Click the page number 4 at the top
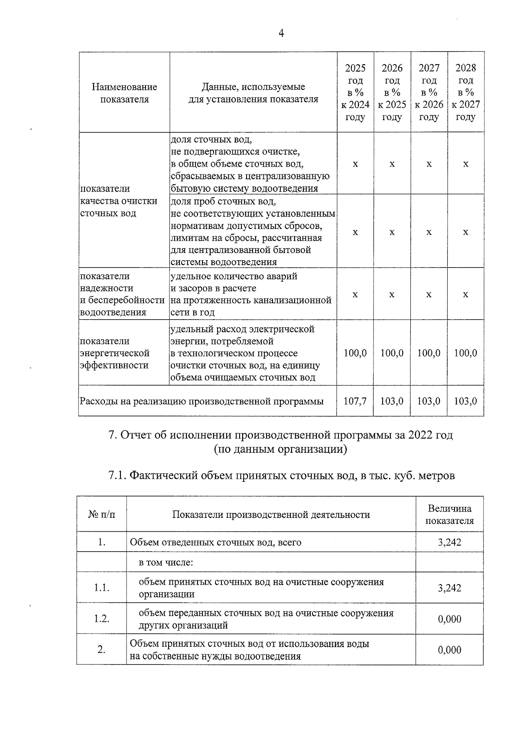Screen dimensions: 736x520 281,33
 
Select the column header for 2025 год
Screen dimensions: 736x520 355,92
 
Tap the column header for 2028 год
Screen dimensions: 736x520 466,92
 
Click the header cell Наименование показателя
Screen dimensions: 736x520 124,93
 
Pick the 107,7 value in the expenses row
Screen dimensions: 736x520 355,401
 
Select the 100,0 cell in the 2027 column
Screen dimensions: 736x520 429,353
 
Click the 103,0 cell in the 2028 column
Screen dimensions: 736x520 466,401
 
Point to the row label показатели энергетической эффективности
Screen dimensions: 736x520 115,353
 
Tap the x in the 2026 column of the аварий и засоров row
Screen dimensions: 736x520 392,294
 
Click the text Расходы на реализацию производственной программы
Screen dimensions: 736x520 201,401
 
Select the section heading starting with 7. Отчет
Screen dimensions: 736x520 280,435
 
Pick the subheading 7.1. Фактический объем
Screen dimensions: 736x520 282,475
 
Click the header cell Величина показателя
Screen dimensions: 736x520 449,514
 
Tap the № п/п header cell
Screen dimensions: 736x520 102,514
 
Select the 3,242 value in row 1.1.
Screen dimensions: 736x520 449,588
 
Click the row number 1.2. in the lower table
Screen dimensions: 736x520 102,619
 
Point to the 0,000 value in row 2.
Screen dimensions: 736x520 449,650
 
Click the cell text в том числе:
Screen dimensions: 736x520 166,563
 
